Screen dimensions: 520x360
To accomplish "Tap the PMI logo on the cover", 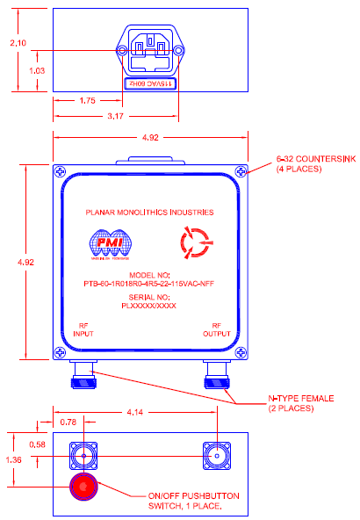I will tap(110, 245).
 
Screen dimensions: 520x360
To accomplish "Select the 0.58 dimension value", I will tap(36, 445).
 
